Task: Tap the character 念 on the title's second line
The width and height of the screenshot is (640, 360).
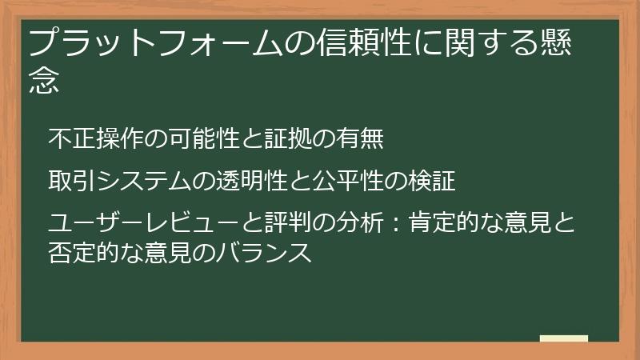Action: [x=45, y=82]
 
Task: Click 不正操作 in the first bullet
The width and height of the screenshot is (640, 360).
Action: [x=88, y=139]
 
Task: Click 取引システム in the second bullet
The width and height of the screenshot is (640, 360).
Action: [x=120, y=181]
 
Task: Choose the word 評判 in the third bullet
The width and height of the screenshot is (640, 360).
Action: [x=265, y=222]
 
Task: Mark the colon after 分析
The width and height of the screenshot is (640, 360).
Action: [x=388, y=222]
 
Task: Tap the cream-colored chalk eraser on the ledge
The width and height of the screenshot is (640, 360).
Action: [x=564, y=338]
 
